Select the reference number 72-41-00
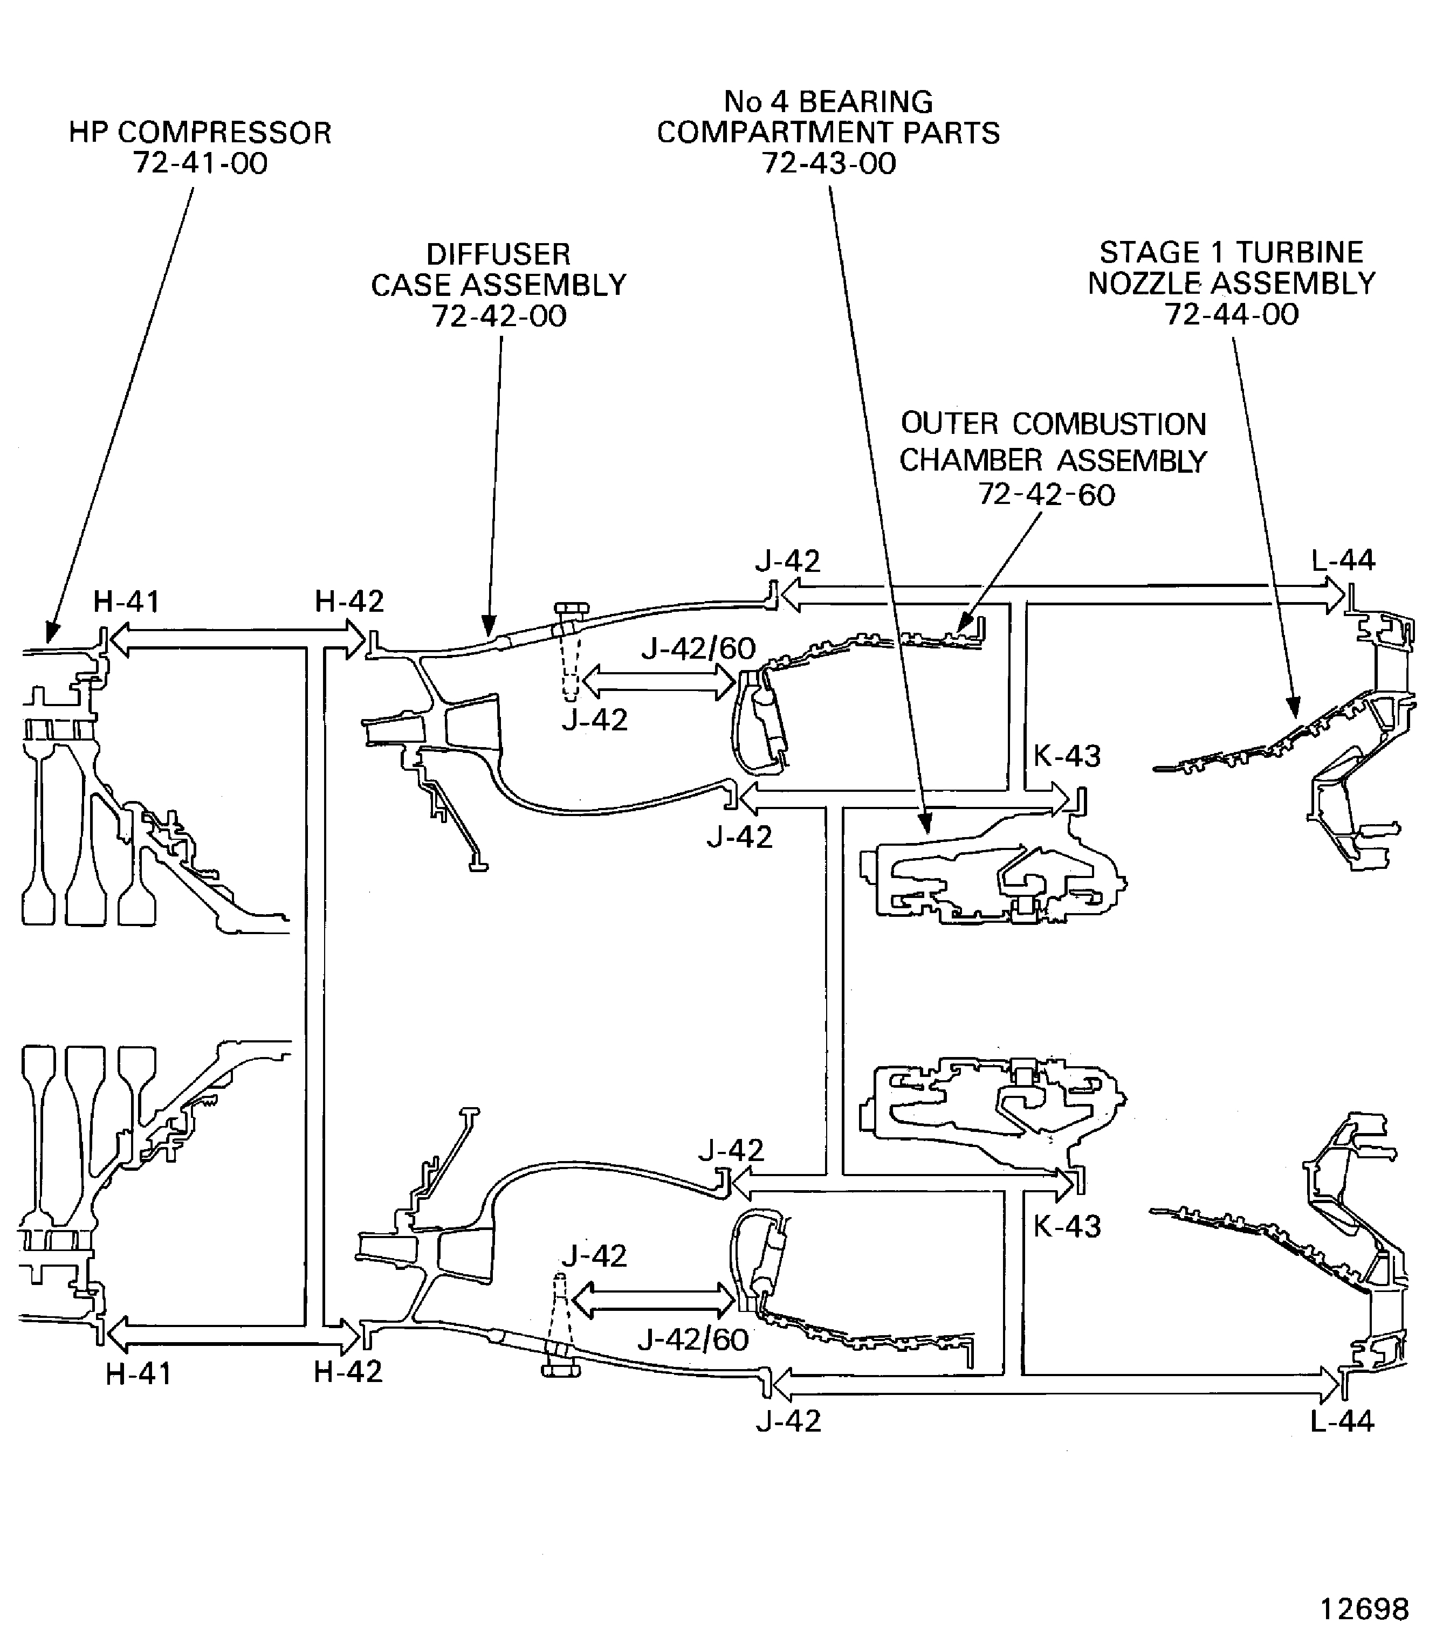[201, 163]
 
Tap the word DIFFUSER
[498, 255]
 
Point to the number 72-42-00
[499, 316]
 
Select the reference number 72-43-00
[829, 163]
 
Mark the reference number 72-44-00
[1232, 314]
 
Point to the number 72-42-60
[1047, 495]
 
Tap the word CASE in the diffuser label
[412, 285]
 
